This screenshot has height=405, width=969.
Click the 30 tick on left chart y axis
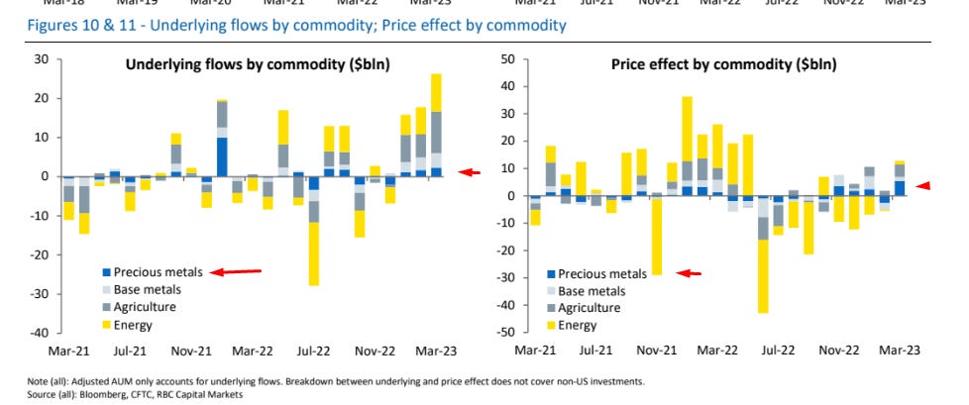[41, 59]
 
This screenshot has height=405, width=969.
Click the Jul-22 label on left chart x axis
[314, 351]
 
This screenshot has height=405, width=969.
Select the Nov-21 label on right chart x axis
[654, 351]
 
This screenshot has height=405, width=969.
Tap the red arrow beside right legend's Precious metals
[689, 273]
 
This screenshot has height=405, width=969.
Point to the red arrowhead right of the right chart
[924, 185]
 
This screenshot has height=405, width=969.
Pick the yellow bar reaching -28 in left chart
[314, 253]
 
